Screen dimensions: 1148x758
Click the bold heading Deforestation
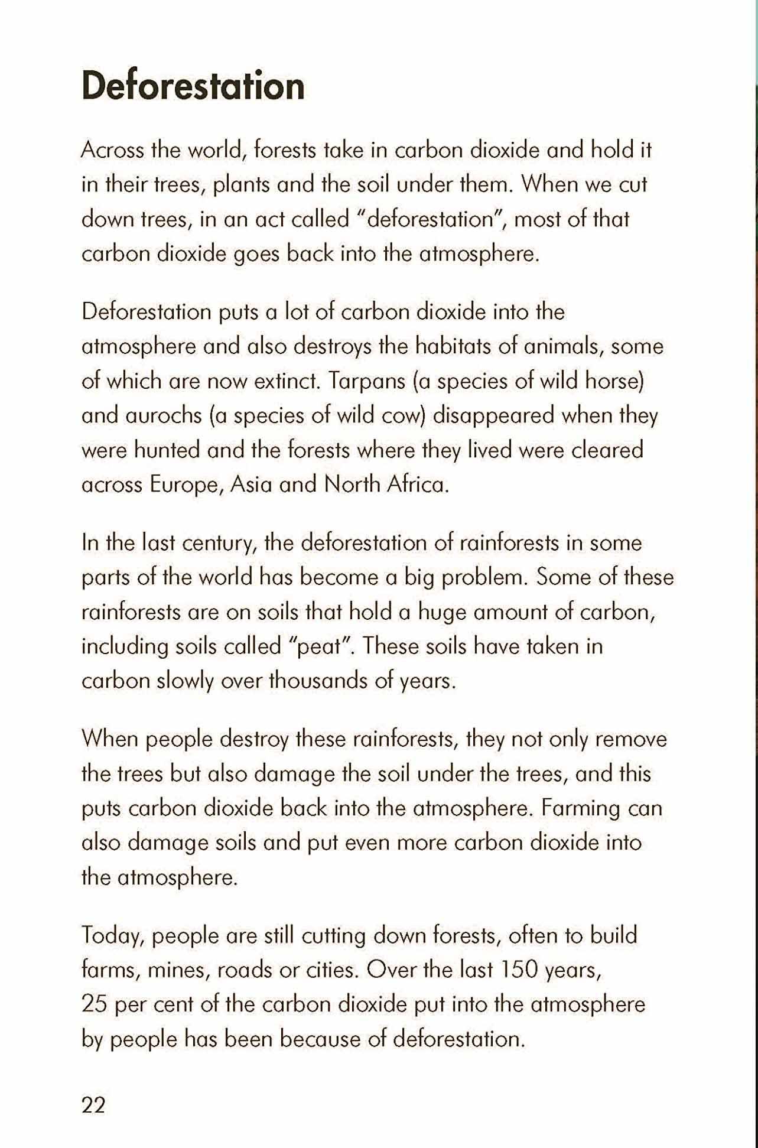pos(193,86)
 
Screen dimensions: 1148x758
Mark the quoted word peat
pos(319,646)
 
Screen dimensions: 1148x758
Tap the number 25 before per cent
pos(94,1004)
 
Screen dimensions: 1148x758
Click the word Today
pos(112,935)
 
